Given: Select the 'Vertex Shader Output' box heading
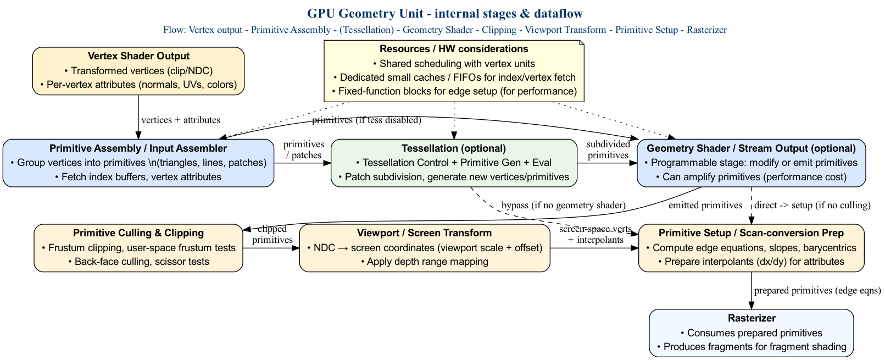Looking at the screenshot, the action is coord(138,56).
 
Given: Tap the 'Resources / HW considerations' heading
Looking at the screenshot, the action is coord(454,49).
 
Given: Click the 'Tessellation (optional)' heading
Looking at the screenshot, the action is coord(454,148).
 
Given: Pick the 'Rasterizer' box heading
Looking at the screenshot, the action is coord(752,318).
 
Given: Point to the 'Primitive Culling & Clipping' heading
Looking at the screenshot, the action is coord(138,233).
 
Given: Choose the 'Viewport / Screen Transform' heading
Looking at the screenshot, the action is coord(424,233).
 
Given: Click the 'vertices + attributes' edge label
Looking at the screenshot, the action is coord(181,120).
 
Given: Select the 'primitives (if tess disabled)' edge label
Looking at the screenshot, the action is coord(366,120).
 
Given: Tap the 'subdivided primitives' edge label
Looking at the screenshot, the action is coord(608,149).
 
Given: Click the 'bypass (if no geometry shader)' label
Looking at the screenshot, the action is coord(564,206).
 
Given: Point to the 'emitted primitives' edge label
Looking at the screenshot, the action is coord(705,206).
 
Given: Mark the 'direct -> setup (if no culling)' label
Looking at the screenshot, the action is coord(812,206).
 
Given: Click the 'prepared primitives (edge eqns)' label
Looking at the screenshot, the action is coord(817,291).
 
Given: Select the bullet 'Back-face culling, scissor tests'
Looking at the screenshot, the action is coord(138,262).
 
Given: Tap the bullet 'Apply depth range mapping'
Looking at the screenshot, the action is coord(424,262).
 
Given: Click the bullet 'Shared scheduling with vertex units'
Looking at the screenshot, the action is coord(454,64).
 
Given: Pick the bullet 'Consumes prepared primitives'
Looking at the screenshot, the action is coord(752,333).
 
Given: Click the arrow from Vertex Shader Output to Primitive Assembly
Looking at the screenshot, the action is coord(138,117).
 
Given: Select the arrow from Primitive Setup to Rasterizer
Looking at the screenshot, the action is coord(752,290).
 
